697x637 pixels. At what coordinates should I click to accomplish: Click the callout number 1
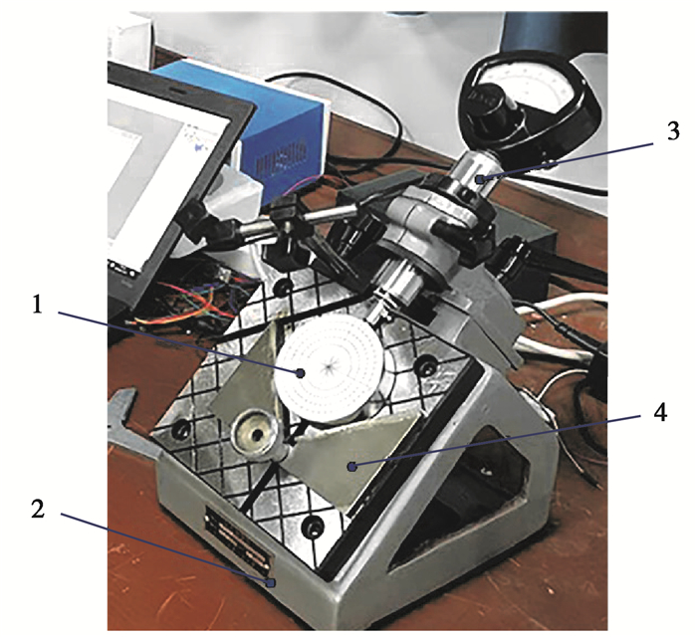38,306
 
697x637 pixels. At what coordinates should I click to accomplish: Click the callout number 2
38,509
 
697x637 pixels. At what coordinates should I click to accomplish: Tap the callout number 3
673,131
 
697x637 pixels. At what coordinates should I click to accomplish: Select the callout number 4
659,412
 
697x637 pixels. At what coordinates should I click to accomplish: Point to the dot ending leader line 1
302,373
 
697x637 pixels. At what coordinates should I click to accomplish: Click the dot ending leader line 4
352,466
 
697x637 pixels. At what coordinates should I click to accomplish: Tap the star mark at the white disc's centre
330,365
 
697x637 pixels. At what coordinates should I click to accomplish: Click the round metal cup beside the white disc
255,434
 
